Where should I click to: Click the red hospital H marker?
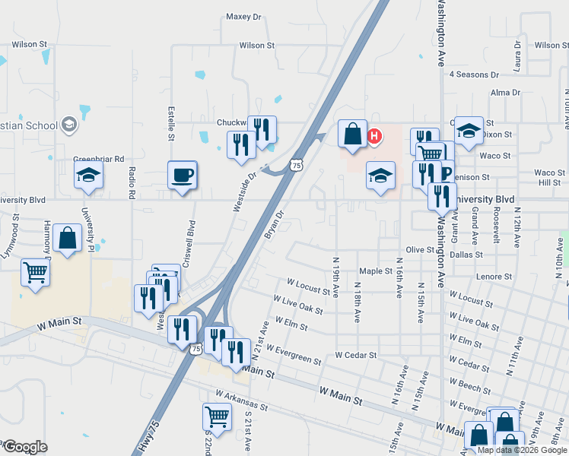[374, 137]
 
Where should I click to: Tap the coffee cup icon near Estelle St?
[183, 176]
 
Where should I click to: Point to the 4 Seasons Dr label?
[474, 75]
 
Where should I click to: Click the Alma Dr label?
[505, 93]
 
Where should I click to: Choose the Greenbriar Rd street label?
[98, 159]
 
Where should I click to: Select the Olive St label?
[419, 249]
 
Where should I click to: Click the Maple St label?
[376, 271]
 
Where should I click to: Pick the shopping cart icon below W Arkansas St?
[217, 417]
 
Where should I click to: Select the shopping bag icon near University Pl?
[68, 239]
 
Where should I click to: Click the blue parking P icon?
[447, 172]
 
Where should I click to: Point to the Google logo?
[24, 447]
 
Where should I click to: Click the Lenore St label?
[491, 277]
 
